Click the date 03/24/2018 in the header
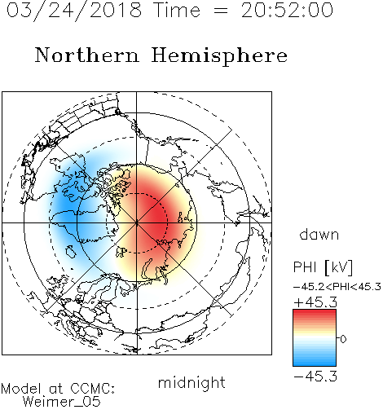pyautogui.click(x=74, y=11)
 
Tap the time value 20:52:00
pyautogui.click(x=287, y=10)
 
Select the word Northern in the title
pyautogui.click(x=87, y=55)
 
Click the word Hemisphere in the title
pyautogui.click(x=219, y=56)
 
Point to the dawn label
pyautogui.click(x=319, y=234)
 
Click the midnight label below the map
pyautogui.click(x=191, y=383)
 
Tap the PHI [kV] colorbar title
pyautogui.click(x=323, y=267)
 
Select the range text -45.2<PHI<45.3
pyautogui.click(x=337, y=287)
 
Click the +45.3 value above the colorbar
pyautogui.click(x=315, y=302)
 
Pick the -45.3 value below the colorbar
pyautogui.click(x=315, y=376)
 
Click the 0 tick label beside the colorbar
pyautogui.click(x=343, y=339)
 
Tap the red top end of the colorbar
pyautogui.click(x=315, y=313)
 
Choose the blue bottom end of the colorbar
pyautogui.click(x=315, y=363)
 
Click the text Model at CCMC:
pyautogui.click(x=58, y=389)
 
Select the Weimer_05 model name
pyautogui.click(x=62, y=401)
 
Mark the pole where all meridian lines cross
pyautogui.click(x=137, y=222)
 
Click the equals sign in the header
pyautogui.click(x=221, y=11)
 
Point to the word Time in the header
pyautogui.click(x=177, y=10)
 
